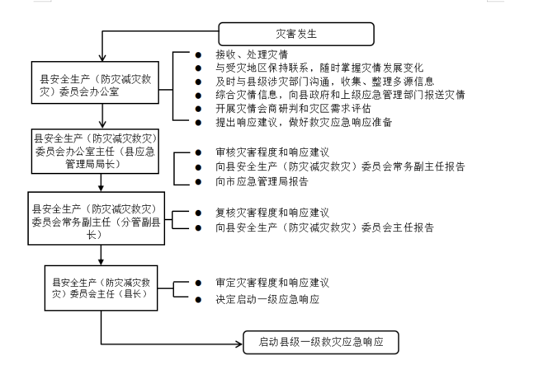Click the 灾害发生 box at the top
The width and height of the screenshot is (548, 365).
click(296, 34)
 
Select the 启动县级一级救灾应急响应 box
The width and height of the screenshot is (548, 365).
click(321, 342)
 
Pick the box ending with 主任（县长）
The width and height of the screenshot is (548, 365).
click(101, 287)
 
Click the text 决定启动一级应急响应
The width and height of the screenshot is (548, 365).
click(267, 300)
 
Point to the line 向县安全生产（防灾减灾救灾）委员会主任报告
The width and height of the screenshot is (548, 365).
click(324, 228)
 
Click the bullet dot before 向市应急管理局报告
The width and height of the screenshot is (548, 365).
click(199, 182)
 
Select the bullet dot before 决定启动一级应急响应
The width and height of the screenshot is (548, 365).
click(199, 300)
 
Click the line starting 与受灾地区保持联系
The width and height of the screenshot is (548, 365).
click(320, 69)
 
